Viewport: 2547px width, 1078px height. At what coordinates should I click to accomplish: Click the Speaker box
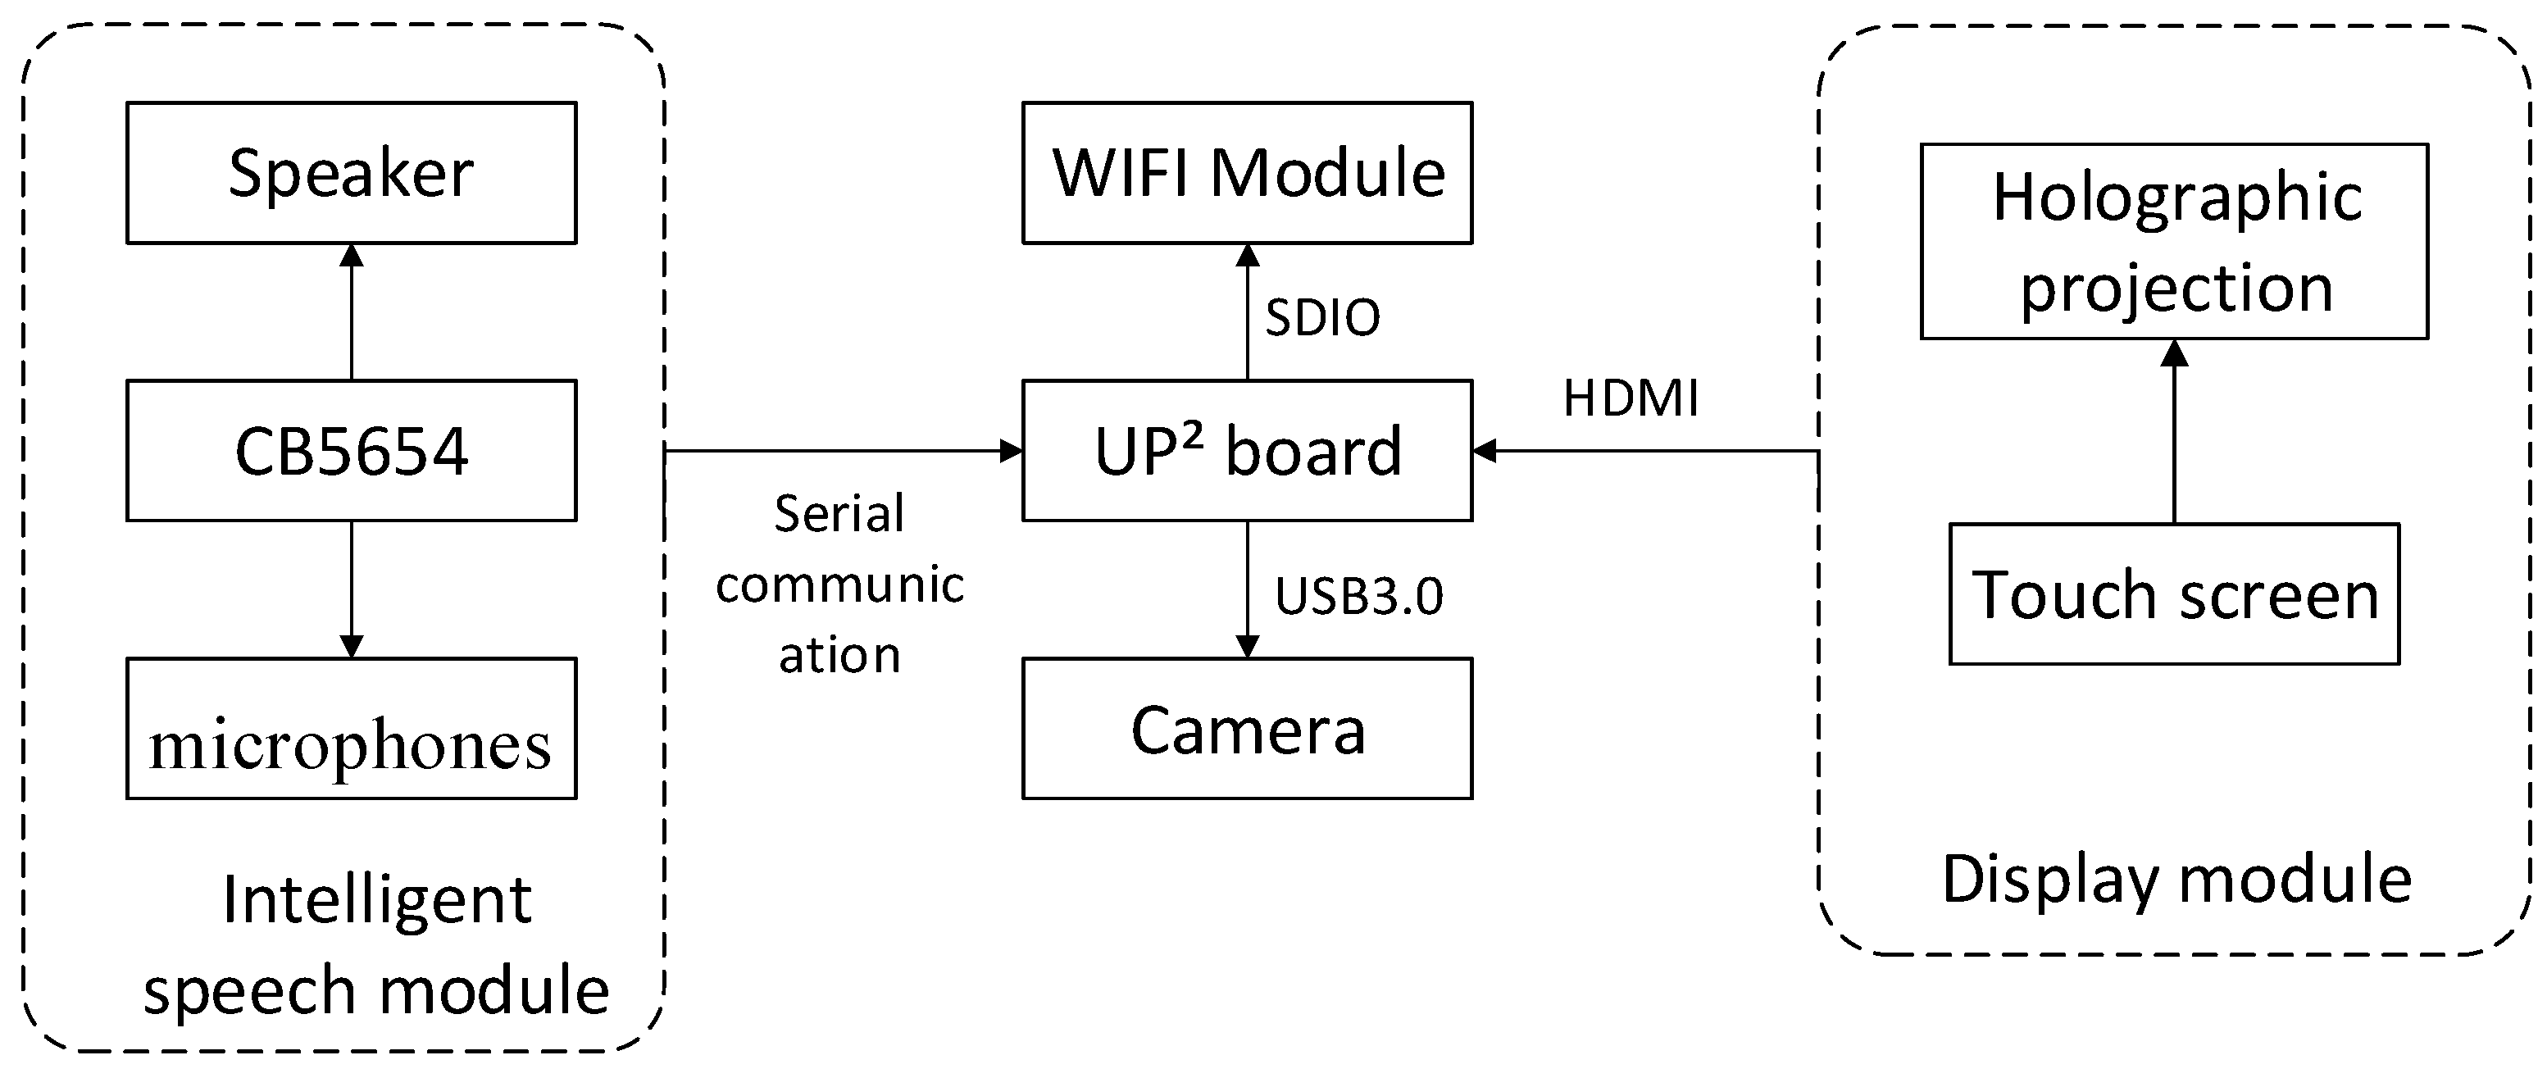tap(351, 173)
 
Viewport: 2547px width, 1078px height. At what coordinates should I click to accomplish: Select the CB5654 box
tap(351, 451)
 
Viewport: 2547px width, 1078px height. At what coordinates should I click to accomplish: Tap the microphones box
tap(351, 729)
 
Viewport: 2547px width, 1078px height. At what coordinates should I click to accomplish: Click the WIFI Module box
tap(1247, 173)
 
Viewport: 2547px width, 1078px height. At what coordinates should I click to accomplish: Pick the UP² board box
tap(1247, 451)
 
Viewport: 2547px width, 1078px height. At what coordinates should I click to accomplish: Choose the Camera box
tap(1247, 729)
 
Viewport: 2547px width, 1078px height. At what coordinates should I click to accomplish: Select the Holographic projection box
tap(2173, 241)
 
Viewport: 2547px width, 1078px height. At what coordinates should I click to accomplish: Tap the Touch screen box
tap(2173, 594)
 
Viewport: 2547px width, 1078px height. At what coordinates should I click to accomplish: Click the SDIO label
tap(1322, 317)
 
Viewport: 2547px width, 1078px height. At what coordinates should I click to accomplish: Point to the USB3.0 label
tap(1358, 595)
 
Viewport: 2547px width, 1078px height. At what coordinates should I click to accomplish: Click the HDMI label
tap(1631, 398)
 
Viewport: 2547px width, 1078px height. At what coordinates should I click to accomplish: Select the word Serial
tap(839, 513)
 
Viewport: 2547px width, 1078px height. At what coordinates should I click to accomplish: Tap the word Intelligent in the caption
tap(377, 900)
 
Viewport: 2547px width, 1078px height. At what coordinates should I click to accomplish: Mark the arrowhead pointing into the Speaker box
tap(351, 255)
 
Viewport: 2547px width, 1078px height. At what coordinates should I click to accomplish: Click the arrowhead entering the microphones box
tap(351, 646)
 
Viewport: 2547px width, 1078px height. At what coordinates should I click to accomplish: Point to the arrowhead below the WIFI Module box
tap(1247, 255)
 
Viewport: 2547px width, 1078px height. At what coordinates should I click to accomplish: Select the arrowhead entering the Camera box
tap(1247, 646)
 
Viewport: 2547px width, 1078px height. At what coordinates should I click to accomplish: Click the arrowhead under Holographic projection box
tap(2173, 352)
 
